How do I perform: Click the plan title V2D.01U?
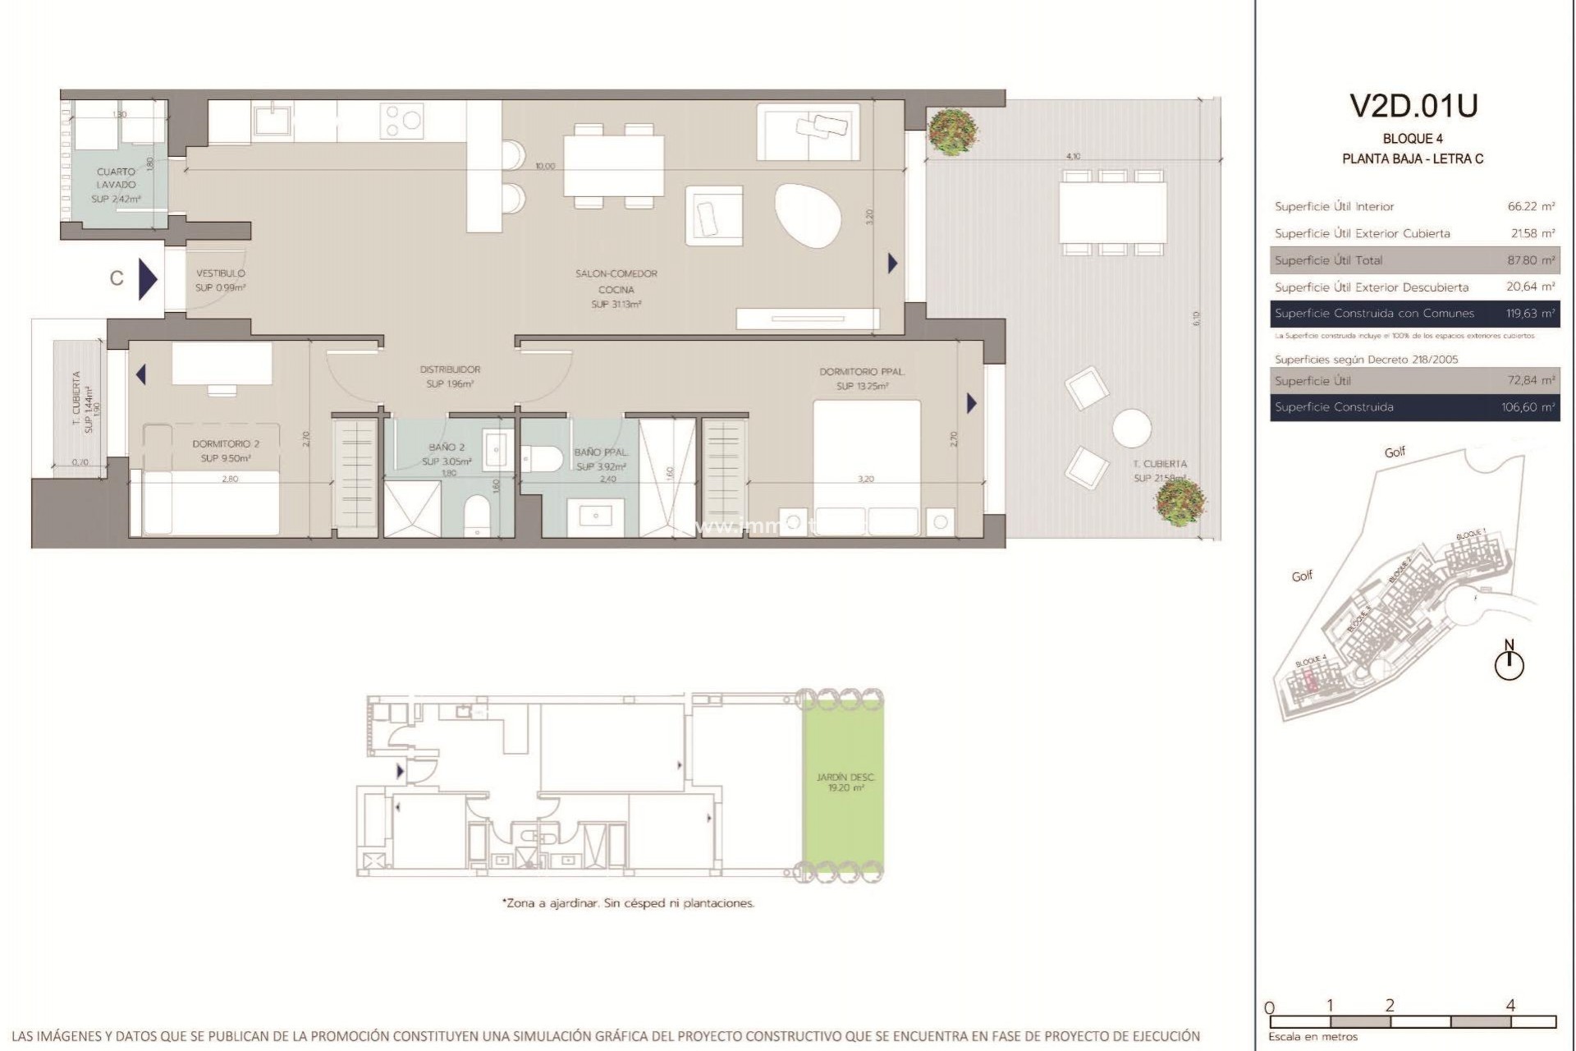[1413, 106]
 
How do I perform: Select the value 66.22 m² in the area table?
[1531, 207]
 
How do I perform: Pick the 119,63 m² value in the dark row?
[1530, 314]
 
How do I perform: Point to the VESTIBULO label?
[220, 273]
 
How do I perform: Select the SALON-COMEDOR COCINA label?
[616, 282]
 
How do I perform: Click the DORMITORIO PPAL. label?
[861, 372]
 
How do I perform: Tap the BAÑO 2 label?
[447, 447]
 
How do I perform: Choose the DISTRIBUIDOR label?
[450, 369]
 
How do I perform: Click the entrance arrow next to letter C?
[148, 279]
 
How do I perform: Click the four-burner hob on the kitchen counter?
[402, 121]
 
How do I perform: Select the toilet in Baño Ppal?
[541, 457]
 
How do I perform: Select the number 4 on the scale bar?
[1510, 1005]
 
